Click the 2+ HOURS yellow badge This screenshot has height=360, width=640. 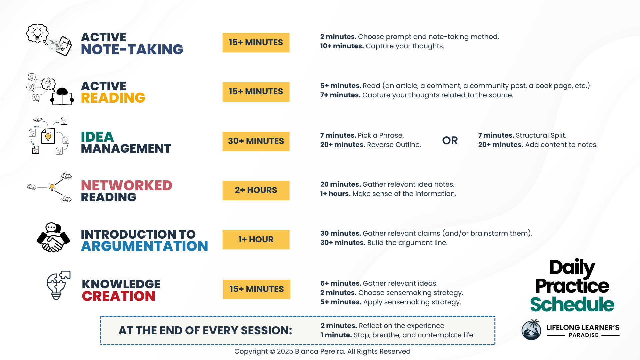click(x=256, y=190)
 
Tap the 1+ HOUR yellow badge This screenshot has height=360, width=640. click(x=256, y=240)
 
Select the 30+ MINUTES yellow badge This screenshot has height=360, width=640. click(x=256, y=141)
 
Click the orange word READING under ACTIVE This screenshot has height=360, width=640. click(x=113, y=98)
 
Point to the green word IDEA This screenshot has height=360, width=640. click(x=97, y=137)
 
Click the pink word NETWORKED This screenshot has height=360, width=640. click(x=127, y=186)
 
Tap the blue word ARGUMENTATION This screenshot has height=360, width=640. click(x=145, y=246)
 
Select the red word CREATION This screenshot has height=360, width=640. click(x=119, y=296)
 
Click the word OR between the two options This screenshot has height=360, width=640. click(x=450, y=141)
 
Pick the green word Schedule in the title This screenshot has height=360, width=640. click(x=572, y=304)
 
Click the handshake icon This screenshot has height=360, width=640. click(x=53, y=237)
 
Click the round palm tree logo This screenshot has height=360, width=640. click(x=531, y=330)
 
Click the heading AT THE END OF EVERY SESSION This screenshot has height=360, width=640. click(x=205, y=330)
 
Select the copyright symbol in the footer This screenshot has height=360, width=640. click(x=272, y=352)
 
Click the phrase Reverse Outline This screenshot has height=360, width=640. click(x=394, y=145)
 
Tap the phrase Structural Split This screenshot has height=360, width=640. click(x=541, y=135)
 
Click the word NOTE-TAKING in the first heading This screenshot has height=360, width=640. click(x=132, y=50)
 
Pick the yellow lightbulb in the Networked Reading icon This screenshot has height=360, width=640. click(x=52, y=187)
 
